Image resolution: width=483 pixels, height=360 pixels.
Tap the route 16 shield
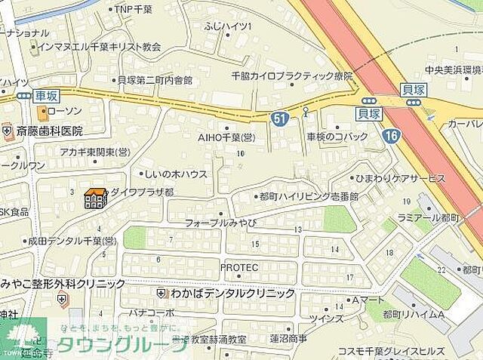389,136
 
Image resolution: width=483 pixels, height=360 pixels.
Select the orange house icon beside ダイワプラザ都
95,198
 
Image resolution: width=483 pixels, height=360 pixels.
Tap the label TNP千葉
136,9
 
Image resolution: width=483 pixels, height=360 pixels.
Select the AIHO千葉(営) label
226,137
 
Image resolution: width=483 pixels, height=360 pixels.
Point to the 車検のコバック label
337,137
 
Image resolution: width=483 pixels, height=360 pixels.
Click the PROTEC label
239,268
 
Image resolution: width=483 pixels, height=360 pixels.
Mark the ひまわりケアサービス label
400,178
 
